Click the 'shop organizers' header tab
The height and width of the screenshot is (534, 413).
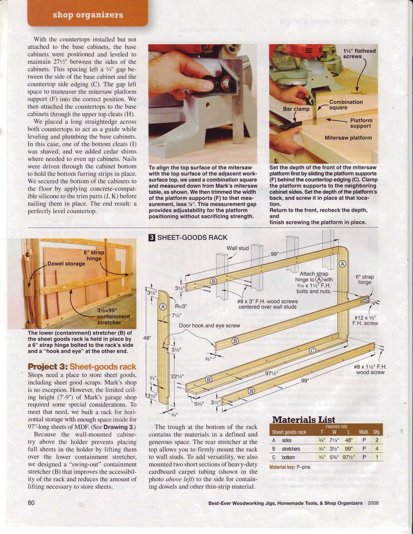click(x=87, y=15)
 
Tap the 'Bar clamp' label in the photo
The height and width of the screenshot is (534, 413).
click(x=296, y=109)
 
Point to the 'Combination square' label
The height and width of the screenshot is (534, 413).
click(x=346, y=105)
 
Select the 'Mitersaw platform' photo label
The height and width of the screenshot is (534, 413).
click(x=348, y=138)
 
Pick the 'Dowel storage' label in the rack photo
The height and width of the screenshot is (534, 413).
click(x=66, y=263)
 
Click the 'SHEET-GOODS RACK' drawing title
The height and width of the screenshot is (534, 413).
click(x=192, y=237)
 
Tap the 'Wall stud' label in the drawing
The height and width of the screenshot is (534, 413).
click(x=238, y=248)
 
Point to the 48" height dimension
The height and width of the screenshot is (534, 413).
click(x=147, y=338)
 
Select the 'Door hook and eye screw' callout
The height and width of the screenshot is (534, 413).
click(x=209, y=325)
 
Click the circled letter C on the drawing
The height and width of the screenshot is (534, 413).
click(x=313, y=350)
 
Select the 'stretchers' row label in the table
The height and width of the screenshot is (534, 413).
click(x=291, y=449)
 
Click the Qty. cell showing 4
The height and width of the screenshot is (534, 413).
click(x=376, y=449)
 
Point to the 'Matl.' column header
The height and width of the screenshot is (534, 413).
click(x=364, y=432)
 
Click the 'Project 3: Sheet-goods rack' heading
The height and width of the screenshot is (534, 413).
click(x=82, y=367)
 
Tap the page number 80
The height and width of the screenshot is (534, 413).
click(x=31, y=504)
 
